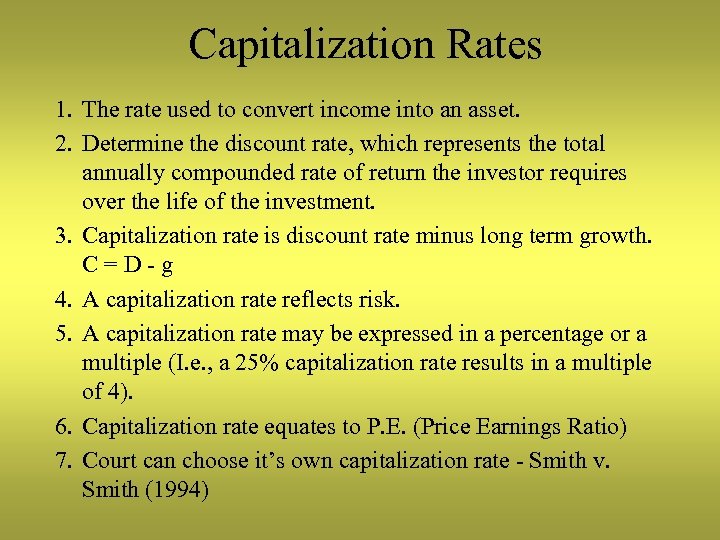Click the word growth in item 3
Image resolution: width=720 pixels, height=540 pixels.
tap(614, 237)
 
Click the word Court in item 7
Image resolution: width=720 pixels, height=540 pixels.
tap(109, 460)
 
